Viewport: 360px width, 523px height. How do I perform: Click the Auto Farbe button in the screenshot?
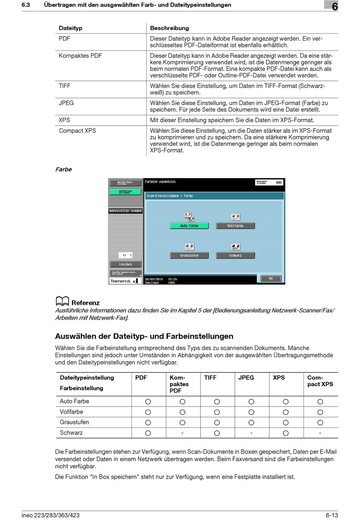click(189, 226)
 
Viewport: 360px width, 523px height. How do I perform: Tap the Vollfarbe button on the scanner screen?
click(235, 226)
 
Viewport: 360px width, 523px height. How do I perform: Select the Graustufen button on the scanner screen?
click(189, 256)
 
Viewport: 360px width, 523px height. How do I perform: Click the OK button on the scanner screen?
click(271, 278)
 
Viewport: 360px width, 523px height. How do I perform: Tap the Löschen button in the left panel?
click(125, 264)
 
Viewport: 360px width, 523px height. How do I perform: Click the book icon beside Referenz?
click(62, 302)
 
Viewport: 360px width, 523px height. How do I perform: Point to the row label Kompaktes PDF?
click(80, 56)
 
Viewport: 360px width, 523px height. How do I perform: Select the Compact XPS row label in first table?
click(77, 131)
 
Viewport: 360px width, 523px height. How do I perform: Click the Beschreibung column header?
click(169, 28)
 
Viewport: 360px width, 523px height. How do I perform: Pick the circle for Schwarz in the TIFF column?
click(217, 433)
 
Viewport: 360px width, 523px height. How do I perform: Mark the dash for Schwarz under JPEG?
click(251, 433)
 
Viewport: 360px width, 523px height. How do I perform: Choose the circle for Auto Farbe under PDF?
click(148, 402)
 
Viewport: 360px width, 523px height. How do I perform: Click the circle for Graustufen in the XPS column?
click(286, 422)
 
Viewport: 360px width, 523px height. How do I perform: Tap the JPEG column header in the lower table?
click(246, 378)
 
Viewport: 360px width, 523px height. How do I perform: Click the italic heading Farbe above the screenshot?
click(63, 170)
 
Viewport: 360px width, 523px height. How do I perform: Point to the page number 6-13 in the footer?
click(332, 515)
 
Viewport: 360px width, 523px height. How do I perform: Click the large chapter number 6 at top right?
click(335, 6)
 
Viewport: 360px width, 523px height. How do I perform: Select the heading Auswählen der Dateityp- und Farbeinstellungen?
click(144, 336)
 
